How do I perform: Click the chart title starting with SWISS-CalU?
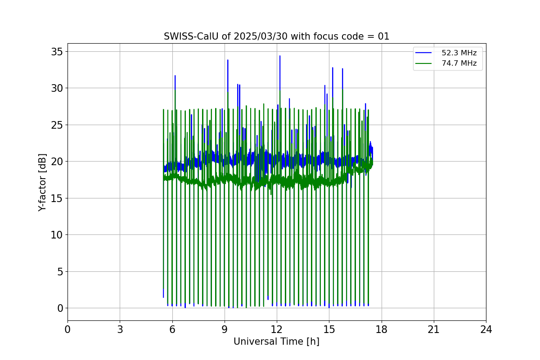point(276,36)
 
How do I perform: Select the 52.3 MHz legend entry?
point(459,53)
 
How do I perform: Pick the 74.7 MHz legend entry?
point(459,63)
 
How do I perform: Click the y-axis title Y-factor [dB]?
point(42,182)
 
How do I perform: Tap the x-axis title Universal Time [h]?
point(276,342)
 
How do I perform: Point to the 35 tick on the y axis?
point(56,51)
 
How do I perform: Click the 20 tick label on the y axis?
point(56,162)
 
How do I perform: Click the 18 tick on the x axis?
point(382,329)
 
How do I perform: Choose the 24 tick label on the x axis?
point(486,329)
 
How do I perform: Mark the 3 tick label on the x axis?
point(120,329)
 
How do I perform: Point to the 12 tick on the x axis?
point(277,329)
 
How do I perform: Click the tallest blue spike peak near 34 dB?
point(280,56)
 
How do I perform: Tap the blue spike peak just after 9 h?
point(228,60)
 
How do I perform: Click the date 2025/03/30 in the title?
point(261,36)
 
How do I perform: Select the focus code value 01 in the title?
point(383,36)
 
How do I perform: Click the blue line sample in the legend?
point(423,53)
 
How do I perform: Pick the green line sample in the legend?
point(423,63)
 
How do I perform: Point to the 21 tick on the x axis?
point(434,329)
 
